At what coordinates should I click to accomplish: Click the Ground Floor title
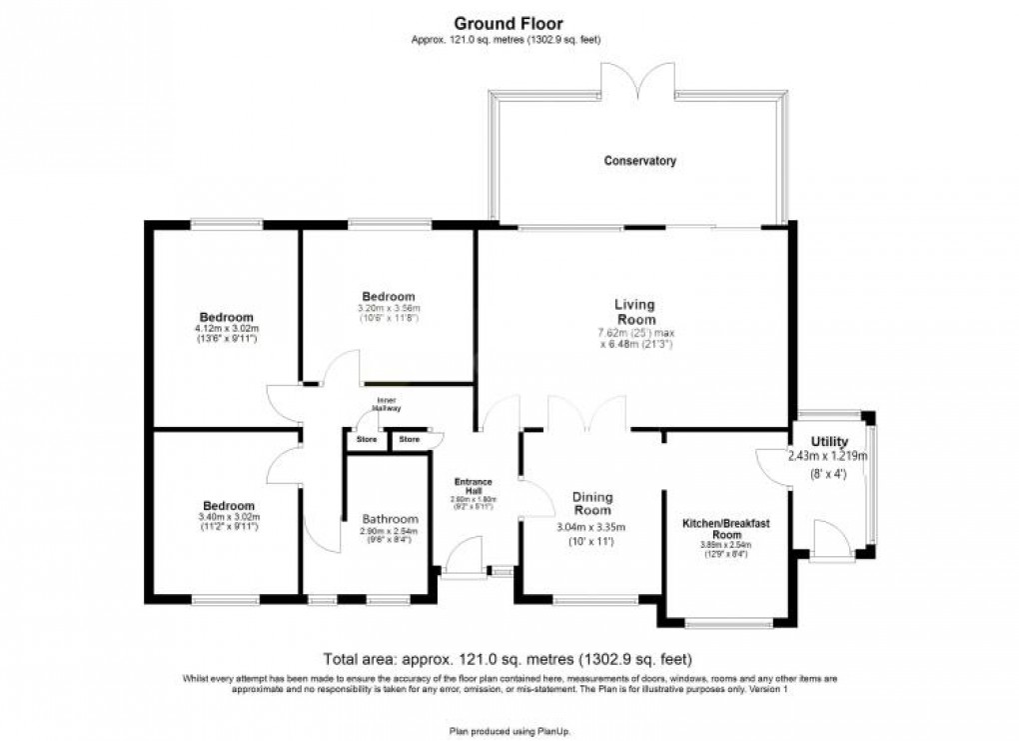(509, 23)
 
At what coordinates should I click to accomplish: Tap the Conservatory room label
(639, 160)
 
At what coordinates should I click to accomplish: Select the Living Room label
(634, 311)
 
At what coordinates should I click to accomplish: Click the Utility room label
(829, 442)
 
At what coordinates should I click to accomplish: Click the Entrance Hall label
(474, 486)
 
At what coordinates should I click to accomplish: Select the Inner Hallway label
(386, 405)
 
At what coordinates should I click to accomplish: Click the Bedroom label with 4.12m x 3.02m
(225, 317)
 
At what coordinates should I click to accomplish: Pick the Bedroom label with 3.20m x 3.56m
(388, 296)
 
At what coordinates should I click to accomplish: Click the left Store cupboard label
(368, 439)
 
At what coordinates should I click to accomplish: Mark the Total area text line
(508, 659)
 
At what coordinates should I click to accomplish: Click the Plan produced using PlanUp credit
(509, 731)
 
